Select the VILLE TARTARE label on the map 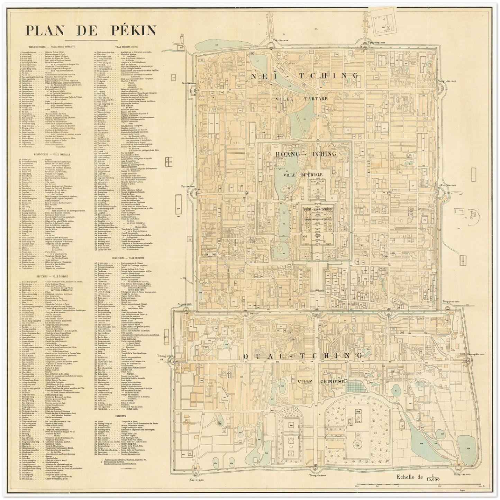[x=302, y=99]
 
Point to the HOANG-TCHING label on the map [x=305, y=154]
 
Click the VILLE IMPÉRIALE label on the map [x=303, y=175]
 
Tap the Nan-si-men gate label [x=196, y=480]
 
